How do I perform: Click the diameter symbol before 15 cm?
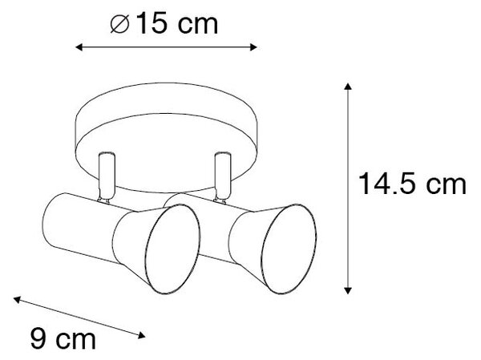coord(119,24)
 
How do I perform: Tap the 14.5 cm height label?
coord(412,184)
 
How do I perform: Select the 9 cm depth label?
coord(63,338)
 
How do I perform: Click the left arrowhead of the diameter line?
coord(79,47)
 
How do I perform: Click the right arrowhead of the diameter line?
coord(253,47)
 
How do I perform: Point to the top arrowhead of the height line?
coord(348,87)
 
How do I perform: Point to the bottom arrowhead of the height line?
coord(348,290)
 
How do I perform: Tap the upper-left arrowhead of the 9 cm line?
coord(17,299)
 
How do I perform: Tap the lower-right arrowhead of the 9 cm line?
coord(141,336)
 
